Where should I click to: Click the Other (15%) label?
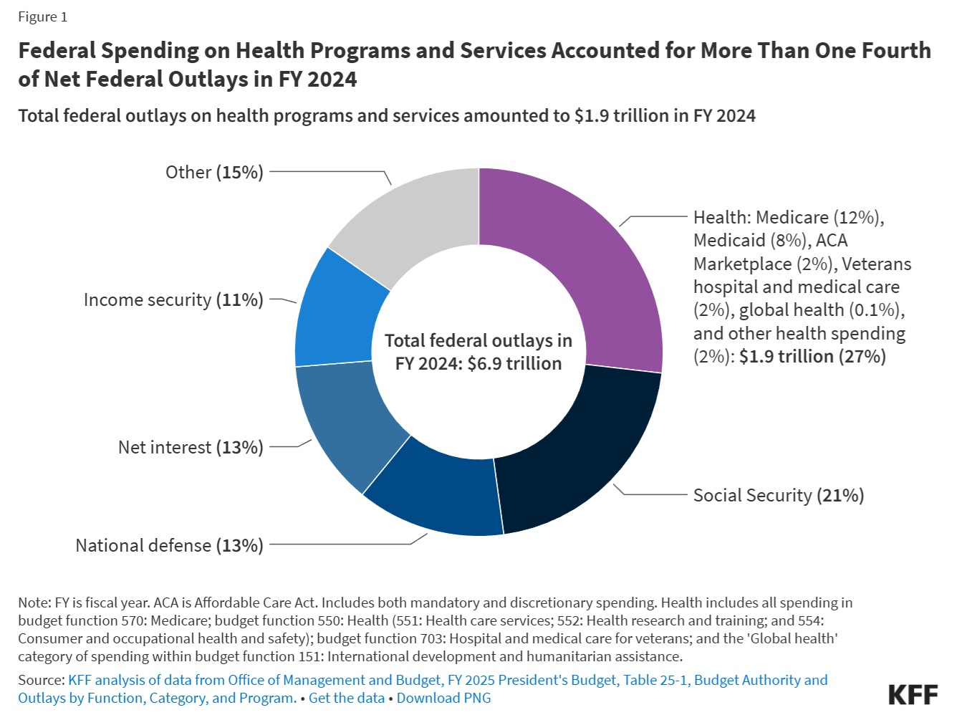(214, 172)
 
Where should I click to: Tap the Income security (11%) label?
(173, 300)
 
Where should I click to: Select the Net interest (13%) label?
(191, 448)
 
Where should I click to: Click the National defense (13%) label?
(169, 546)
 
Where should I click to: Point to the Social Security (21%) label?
(779, 496)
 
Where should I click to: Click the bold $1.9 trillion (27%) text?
(812, 357)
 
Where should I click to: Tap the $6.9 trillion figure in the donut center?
(514, 364)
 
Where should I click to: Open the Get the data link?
(346, 698)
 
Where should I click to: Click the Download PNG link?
(443, 698)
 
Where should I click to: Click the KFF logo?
(913, 695)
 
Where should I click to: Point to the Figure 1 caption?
(42, 17)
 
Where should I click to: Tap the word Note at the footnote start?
(34, 603)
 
